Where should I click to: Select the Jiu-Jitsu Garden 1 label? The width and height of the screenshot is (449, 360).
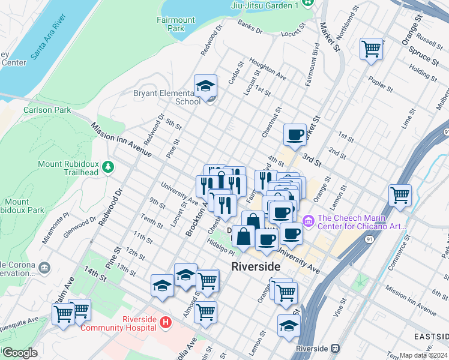point(264,5)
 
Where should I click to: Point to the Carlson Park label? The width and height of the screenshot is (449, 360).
point(47,110)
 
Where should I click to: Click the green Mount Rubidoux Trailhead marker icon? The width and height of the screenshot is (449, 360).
point(108,166)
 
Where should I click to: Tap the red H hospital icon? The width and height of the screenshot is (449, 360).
point(166,323)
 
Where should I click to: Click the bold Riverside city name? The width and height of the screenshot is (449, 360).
point(256,266)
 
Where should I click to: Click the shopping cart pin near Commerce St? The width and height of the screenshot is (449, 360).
point(400,194)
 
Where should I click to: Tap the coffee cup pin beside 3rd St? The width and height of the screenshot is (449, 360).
point(295,134)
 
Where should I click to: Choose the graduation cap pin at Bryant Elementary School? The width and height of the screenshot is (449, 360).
point(205,86)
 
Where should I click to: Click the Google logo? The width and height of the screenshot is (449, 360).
point(20,353)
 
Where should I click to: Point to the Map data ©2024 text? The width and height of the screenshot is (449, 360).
point(424,355)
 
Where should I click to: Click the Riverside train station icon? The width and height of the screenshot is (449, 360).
point(336,348)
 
